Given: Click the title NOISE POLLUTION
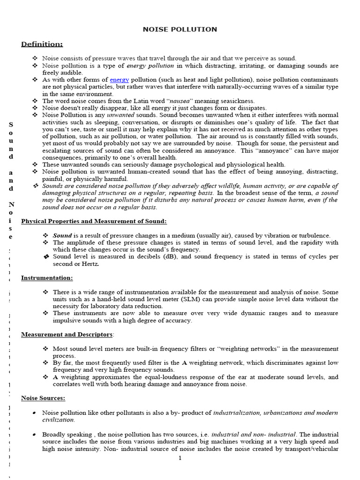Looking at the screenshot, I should click(x=180, y=30).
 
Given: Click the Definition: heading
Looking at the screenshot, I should click(x=42, y=44).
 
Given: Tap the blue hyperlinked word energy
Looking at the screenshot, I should click(x=119, y=80).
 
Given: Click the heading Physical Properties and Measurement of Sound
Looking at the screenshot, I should click(x=94, y=221).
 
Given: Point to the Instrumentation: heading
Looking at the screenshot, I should click(x=47, y=278).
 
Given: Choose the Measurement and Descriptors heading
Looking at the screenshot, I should click(x=67, y=335).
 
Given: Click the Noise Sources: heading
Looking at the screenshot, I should click(x=43, y=398).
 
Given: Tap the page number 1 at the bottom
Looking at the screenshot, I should click(x=180, y=458).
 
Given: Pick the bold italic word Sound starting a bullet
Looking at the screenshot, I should click(x=62, y=235).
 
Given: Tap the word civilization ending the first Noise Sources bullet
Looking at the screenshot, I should click(x=58, y=420).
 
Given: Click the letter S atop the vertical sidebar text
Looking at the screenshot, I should click(x=11, y=125).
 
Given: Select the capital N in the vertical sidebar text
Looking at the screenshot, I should click(x=11, y=205).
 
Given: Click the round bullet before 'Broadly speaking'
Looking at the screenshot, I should click(x=35, y=435).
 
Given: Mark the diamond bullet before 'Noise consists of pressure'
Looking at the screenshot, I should click(x=35, y=59).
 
